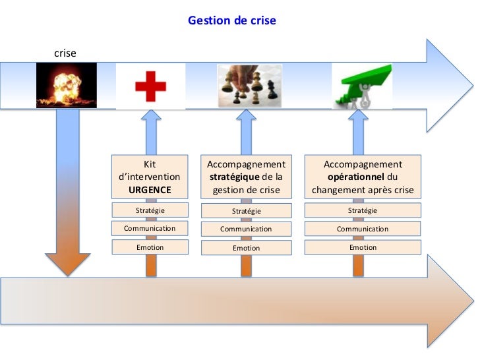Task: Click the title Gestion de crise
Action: click(232, 20)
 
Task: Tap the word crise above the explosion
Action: click(65, 51)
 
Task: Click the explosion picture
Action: click(66, 85)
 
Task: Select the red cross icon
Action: click(150, 86)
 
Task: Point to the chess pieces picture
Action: click(250, 86)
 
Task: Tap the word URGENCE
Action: click(150, 190)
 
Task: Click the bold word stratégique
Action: click(234, 177)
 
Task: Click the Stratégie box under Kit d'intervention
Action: click(150, 210)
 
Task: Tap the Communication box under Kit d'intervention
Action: click(150, 228)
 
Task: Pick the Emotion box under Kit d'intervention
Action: click(150, 247)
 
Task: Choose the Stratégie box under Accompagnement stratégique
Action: click(246, 211)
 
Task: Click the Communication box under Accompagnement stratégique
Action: click(246, 229)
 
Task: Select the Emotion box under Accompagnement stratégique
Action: click(246, 248)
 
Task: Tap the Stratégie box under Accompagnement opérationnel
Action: click(363, 210)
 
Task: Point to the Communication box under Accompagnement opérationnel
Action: click(363, 229)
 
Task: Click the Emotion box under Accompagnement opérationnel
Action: click(363, 247)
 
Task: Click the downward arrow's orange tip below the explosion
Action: click(68, 264)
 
